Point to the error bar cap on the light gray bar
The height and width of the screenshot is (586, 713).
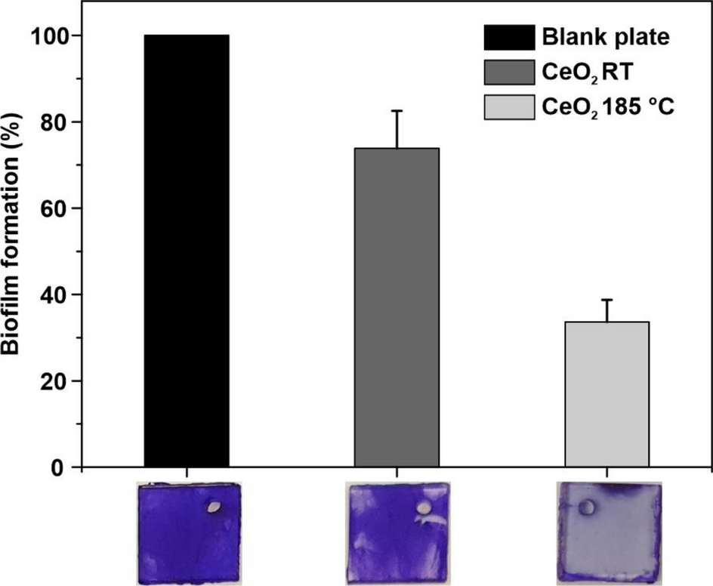pyautogui.click(x=607, y=300)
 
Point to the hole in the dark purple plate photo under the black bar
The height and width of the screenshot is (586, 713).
pyautogui.click(x=215, y=508)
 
